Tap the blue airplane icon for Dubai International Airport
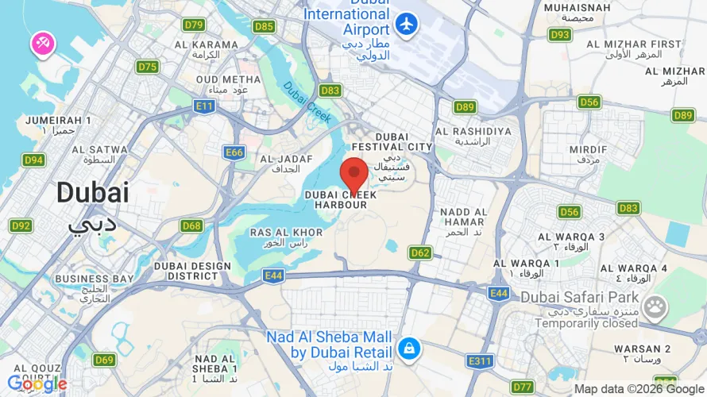pyautogui.click(x=407, y=25)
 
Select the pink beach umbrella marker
pyautogui.click(x=42, y=44)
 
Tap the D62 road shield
pyautogui.click(x=420, y=253)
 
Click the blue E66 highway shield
pyautogui.click(x=234, y=152)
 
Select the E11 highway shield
pyautogui.click(x=204, y=106)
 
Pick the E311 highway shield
pyautogui.click(x=480, y=361)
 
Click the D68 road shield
pyautogui.click(x=191, y=226)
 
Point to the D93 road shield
pyautogui.click(x=561, y=35)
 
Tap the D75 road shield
pyautogui.click(x=147, y=67)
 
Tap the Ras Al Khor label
pyautogui.click(x=287, y=237)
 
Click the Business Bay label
pyautogui.click(x=94, y=284)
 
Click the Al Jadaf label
pyautogui.click(x=279, y=164)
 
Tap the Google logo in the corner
pyautogui.click(x=37, y=384)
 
